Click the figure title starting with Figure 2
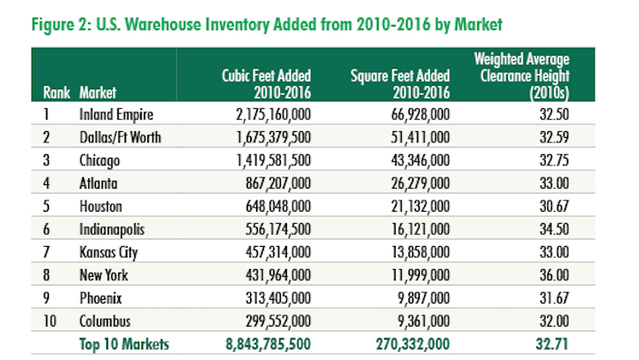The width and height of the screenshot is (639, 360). point(265,21)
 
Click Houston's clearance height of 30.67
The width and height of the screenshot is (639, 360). point(553,206)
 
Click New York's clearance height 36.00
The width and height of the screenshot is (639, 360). point(553,275)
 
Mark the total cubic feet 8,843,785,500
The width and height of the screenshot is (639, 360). point(260,345)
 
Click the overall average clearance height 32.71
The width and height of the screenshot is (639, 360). point(553,345)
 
